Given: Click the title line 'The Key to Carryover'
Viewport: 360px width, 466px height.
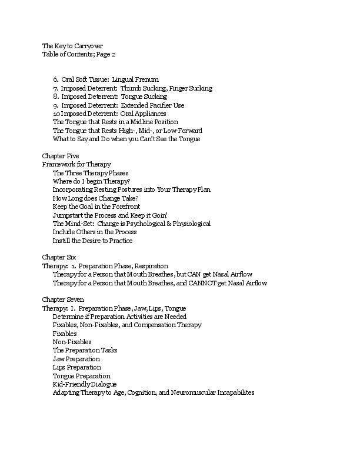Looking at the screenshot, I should (x=70, y=46).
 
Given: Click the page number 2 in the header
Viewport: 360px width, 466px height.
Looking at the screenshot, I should (x=114, y=54).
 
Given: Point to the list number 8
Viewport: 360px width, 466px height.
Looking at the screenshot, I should (x=55, y=96).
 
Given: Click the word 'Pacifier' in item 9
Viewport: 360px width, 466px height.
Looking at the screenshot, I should (x=155, y=105).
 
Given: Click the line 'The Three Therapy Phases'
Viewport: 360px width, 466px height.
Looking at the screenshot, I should (x=91, y=173).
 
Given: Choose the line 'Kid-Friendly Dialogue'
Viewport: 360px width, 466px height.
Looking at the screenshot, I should (x=85, y=384).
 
